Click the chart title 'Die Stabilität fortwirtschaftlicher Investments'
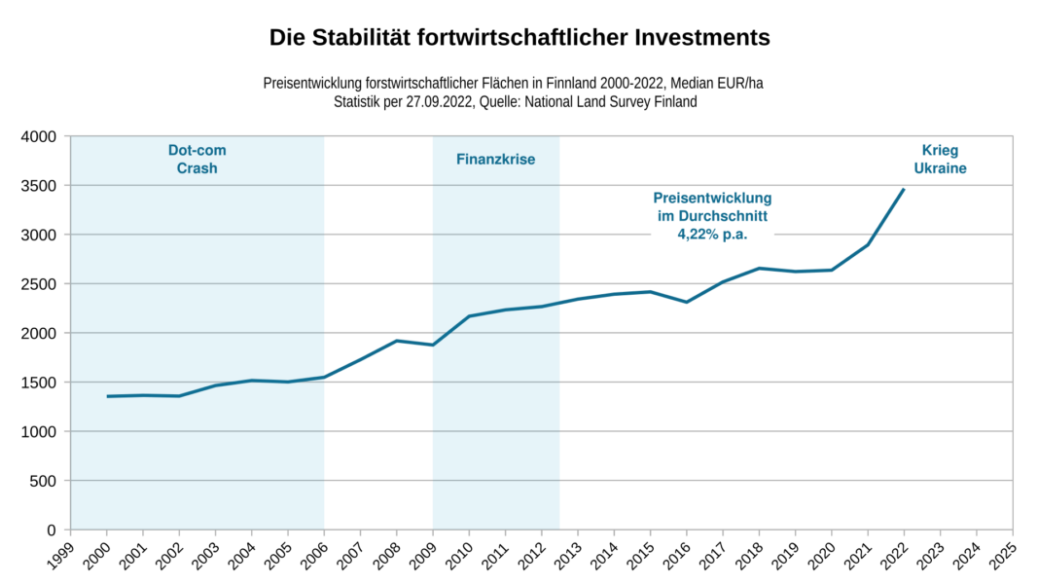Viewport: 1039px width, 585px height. [x=519, y=38]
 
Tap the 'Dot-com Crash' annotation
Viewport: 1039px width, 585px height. [x=197, y=160]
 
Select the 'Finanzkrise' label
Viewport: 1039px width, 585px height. [x=495, y=160]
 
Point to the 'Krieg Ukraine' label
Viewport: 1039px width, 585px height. [x=940, y=160]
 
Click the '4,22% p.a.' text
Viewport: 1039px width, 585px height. [x=711, y=234]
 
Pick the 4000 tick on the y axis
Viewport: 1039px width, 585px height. [x=39, y=136]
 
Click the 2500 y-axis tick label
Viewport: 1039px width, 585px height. [x=39, y=283]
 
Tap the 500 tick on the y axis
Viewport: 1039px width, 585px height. [x=45, y=480]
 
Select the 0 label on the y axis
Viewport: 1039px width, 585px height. [x=52, y=530]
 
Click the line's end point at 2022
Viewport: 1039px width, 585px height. [x=904, y=190]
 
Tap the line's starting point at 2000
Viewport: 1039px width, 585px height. [x=107, y=396]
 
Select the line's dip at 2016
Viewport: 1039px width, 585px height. [x=687, y=302]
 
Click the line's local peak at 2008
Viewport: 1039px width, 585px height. [x=397, y=341]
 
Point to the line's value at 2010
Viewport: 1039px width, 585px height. [x=469, y=316]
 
